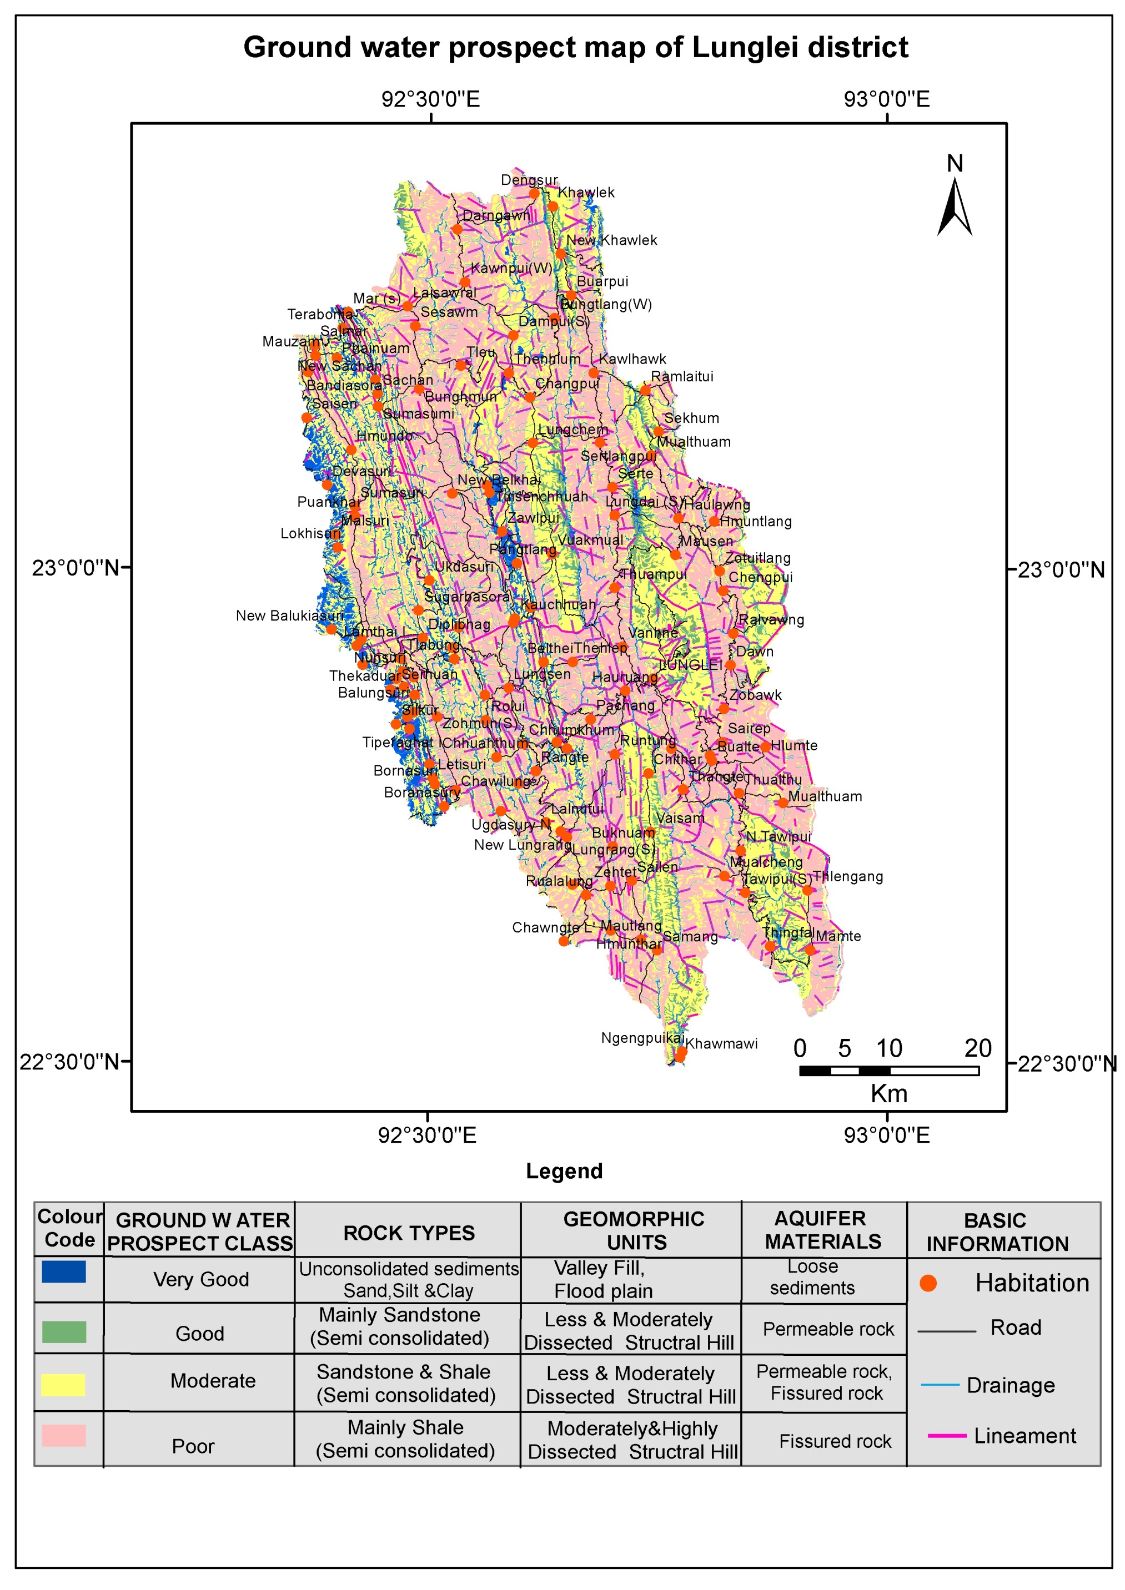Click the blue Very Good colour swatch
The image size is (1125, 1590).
pos(64,1271)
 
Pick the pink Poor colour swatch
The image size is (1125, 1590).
pos(64,1436)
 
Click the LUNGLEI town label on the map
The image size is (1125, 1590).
pos(690,665)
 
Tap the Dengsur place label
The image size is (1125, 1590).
pos(529,180)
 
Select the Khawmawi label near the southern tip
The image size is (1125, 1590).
pos(721,1043)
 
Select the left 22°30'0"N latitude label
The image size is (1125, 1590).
pos(69,1062)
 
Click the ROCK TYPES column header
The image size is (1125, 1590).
pos(409,1233)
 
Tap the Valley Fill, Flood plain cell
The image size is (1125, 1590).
pos(602,1279)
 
